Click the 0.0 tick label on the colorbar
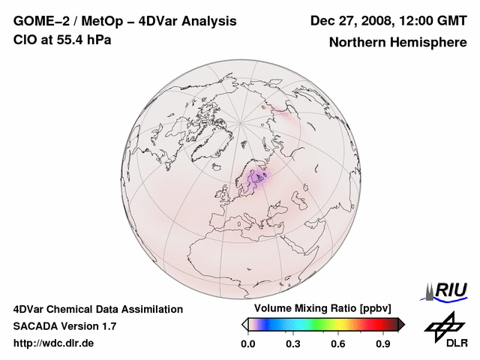coord(248,344)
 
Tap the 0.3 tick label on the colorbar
coord(293,344)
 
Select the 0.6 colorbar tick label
coord(338,344)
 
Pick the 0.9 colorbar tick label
coord(383,344)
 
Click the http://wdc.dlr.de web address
coord(54,343)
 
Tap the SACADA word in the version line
coord(37,326)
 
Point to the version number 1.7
coord(106,326)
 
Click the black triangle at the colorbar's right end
coord(400,324)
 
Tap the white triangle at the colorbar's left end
coord(245,324)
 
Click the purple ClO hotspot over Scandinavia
coord(257,178)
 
